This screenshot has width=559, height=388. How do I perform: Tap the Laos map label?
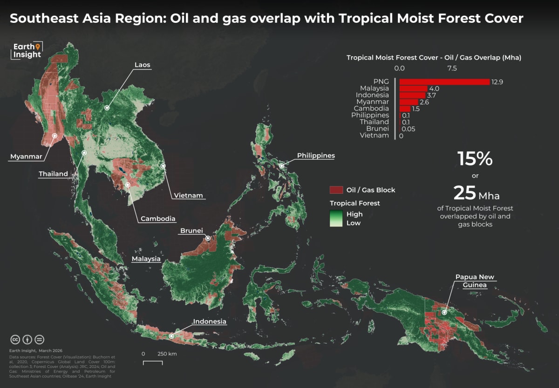pyautogui.click(x=142, y=65)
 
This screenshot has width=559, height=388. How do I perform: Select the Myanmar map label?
pyautogui.click(x=26, y=157)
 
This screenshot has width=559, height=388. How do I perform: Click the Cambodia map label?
pyautogui.click(x=158, y=218)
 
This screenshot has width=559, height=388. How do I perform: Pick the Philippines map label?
pyautogui.click(x=316, y=156)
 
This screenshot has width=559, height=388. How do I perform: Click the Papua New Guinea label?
pyautogui.click(x=475, y=281)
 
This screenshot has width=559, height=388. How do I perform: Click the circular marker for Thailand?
pyautogui.click(x=84, y=153)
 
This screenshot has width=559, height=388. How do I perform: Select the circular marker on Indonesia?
pyautogui.click(x=171, y=335)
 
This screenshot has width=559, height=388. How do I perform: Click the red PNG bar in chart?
pyautogui.click(x=444, y=82)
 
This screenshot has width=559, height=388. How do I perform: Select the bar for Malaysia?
pyautogui.click(x=413, y=88)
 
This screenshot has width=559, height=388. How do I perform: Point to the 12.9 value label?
pyautogui.click(x=498, y=82)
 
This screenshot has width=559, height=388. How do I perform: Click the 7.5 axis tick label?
pyautogui.click(x=452, y=68)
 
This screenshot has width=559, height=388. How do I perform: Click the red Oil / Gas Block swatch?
pyautogui.click(x=336, y=190)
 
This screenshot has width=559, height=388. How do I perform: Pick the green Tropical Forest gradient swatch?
pyautogui.click(x=336, y=218)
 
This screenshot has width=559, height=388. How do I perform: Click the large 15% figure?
pyautogui.click(x=475, y=159)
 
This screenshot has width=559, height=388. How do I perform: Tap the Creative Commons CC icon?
pyautogui.click(x=15, y=339)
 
